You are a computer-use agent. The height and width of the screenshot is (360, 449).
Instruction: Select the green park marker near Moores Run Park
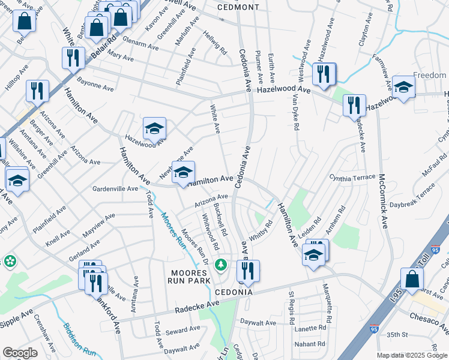point(221,263)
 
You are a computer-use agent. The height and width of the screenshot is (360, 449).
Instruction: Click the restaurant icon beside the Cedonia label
point(248,271)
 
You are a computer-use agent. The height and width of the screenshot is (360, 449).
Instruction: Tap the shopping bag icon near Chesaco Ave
point(412,280)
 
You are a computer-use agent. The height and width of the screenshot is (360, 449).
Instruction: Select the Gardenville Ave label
point(115,188)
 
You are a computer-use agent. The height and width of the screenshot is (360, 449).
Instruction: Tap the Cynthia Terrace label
point(352,178)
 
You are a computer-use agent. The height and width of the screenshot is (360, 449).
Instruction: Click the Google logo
point(20,353)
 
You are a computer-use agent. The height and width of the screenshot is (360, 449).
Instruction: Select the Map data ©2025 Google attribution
point(412,355)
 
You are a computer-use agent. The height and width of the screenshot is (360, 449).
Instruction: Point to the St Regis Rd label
point(291,304)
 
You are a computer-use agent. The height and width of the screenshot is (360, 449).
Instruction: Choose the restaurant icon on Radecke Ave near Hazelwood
point(354,105)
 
